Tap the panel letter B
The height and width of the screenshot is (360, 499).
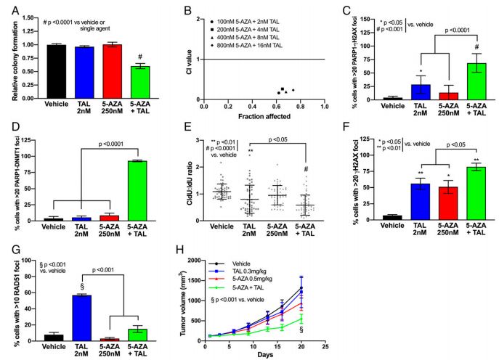tap(186, 10)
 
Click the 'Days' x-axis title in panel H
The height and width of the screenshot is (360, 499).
tap(264, 353)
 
